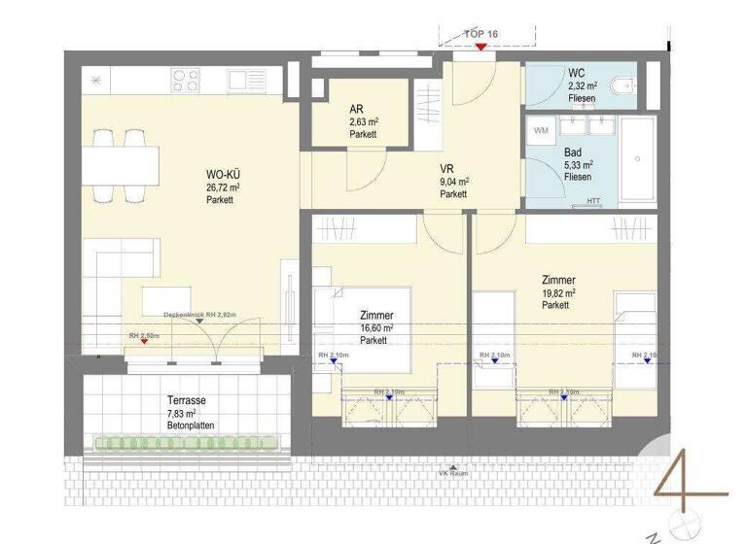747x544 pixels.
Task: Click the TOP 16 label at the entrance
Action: coord(481,34)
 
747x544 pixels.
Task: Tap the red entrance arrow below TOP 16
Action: coord(481,47)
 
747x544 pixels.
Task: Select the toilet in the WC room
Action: coord(620,88)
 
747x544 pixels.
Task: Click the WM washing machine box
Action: coord(542,129)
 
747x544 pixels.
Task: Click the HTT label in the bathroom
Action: coord(593,201)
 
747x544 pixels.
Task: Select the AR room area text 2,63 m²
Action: coord(364,122)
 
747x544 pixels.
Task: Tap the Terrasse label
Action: coord(185,400)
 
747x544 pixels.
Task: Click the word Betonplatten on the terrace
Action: coord(190,425)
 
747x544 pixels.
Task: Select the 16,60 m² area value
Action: coord(375,328)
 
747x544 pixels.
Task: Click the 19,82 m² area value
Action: coord(558,291)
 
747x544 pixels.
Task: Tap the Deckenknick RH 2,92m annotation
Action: coord(199,315)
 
